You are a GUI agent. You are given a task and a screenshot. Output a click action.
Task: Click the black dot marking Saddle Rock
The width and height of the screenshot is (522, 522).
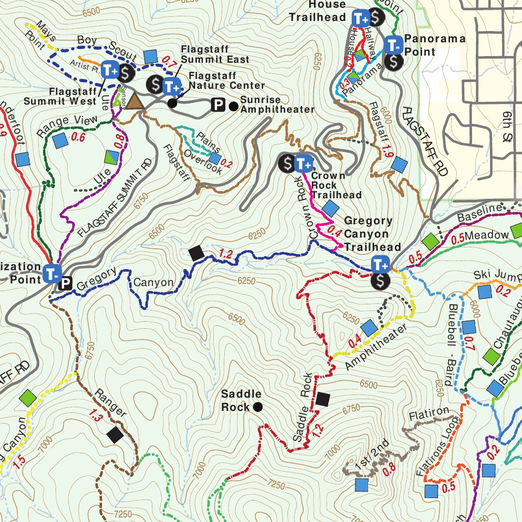pos(258,407)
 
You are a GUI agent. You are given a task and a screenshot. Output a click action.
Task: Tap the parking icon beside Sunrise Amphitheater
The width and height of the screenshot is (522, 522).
pos(218,106)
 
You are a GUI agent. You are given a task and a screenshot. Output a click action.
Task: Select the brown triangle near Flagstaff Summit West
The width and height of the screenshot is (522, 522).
pos(135,101)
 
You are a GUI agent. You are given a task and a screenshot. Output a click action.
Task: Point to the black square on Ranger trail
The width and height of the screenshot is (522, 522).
pos(115,435)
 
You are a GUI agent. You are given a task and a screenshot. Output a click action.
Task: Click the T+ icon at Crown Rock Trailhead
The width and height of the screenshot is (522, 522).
pos(303,164)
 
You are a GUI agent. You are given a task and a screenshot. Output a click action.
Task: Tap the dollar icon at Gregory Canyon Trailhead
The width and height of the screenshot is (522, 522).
pos(380,281)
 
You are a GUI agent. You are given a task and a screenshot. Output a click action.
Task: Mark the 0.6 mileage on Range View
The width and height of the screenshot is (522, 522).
pos(78,137)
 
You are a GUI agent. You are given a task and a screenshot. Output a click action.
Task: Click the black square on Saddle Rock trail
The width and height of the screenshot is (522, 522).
pos(322,399)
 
